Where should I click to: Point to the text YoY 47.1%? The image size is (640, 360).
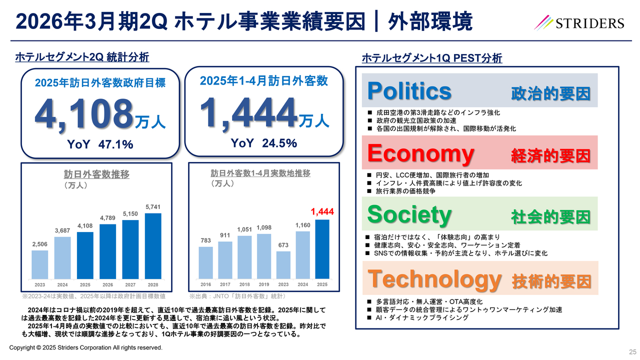pos(100,145)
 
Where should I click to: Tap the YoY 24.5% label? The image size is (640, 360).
pos(263,143)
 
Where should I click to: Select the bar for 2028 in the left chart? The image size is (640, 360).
pos(152,245)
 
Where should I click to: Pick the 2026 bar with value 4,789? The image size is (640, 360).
pos(107,251)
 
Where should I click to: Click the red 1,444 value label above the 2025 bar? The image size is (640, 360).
pos(322,211)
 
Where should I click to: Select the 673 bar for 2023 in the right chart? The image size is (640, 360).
pos(283,264)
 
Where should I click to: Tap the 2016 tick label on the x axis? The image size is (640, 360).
pos(205,284)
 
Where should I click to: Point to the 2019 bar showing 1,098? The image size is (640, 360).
pos(264,255)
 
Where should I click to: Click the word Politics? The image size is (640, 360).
pos(409,91)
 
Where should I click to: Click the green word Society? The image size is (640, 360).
pos(409,214)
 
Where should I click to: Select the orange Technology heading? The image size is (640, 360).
pos(434,278)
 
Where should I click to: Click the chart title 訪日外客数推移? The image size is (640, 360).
pos(96,174)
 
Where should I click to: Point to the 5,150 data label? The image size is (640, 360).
pos(130,214)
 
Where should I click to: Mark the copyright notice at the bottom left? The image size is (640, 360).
pos(86,347)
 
